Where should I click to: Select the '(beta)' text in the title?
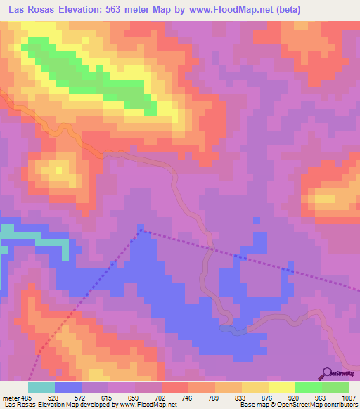pos(337,9)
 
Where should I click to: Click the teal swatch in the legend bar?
pos(41,387)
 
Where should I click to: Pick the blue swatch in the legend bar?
pos(67,387)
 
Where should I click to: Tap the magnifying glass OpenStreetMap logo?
pos(328,372)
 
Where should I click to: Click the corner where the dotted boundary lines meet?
pos(141,228)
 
